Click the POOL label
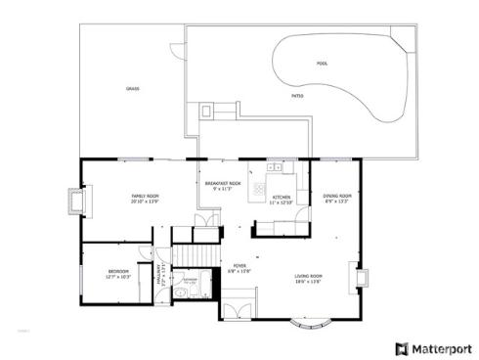coord(322,64)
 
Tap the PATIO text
coord(296,96)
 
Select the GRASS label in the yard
coord(132,88)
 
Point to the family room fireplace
coord(73,203)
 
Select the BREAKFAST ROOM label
coord(222,185)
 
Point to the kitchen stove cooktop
coord(260,186)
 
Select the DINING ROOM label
coord(337,199)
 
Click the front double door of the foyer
coord(238,311)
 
